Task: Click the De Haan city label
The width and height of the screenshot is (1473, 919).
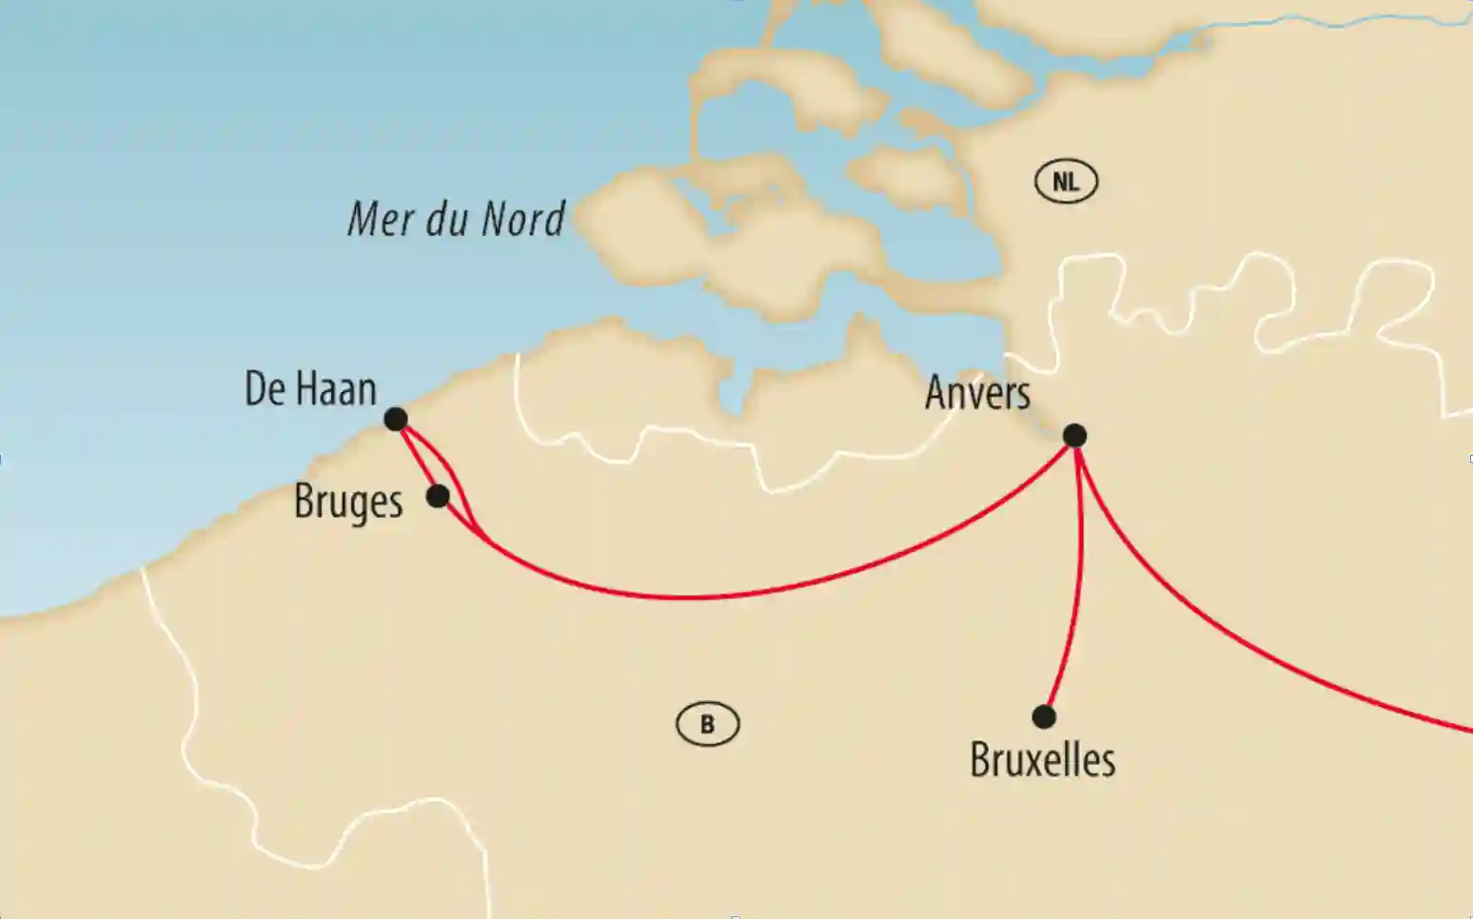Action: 310,389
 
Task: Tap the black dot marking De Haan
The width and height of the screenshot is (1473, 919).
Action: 396,419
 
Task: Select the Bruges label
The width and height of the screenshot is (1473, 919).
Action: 348,502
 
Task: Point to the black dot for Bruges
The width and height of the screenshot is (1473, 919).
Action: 438,496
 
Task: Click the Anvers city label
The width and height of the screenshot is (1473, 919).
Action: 977,393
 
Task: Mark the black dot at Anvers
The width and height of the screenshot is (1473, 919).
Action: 1074,436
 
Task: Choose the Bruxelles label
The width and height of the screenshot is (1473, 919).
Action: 1042,760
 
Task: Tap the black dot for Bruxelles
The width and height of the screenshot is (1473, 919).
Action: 1044,716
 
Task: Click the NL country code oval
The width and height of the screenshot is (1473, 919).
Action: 1066,181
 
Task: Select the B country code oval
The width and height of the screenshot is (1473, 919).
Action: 707,725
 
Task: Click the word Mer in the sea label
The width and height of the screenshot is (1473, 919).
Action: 381,219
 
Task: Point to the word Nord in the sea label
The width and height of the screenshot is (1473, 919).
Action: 523,219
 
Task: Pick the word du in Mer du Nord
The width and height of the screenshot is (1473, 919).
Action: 448,219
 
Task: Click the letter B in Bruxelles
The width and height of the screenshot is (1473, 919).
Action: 979,760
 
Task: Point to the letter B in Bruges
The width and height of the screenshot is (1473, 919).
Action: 304,500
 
